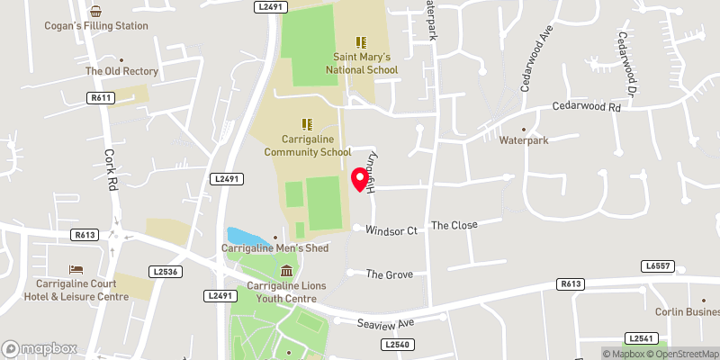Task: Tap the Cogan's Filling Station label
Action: [x=96, y=25]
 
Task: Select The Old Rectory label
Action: [x=121, y=71]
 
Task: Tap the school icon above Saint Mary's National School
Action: [x=361, y=42]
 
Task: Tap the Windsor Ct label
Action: [x=391, y=230]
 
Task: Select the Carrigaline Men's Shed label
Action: [x=275, y=248]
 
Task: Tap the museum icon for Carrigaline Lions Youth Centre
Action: [x=286, y=271]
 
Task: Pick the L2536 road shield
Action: [x=164, y=271]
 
